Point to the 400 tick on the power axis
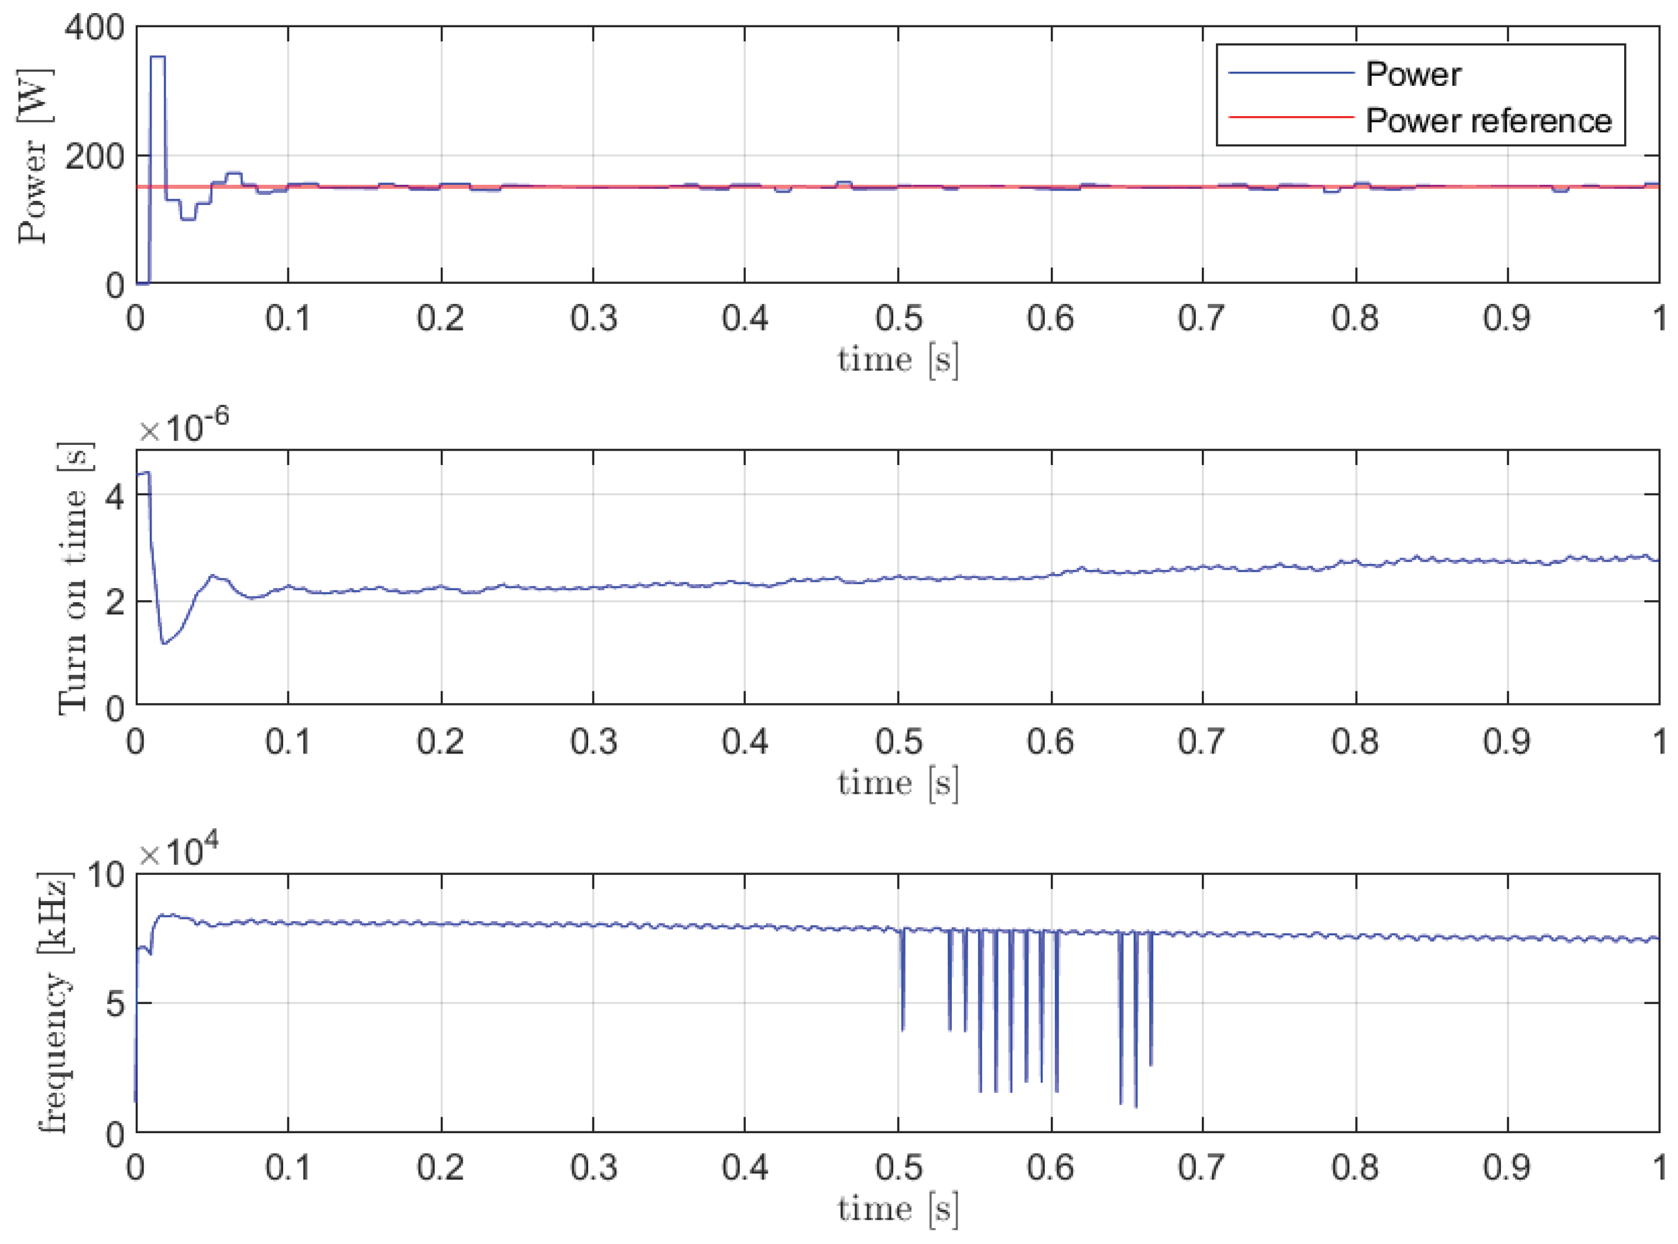[x=94, y=28]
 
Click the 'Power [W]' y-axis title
[x=34, y=156]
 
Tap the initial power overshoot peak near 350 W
[x=158, y=57]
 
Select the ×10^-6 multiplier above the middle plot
[x=183, y=427]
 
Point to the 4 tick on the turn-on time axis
[x=114, y=495]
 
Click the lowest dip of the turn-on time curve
[x=164, y=644]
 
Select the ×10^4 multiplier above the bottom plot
[x=178, y=852]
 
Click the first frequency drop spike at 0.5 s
[x=902, y=1028]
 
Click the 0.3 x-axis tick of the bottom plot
[x=593, y=1168]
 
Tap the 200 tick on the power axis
[x=94, y=156]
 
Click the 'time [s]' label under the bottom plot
[x=897, y=1210]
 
